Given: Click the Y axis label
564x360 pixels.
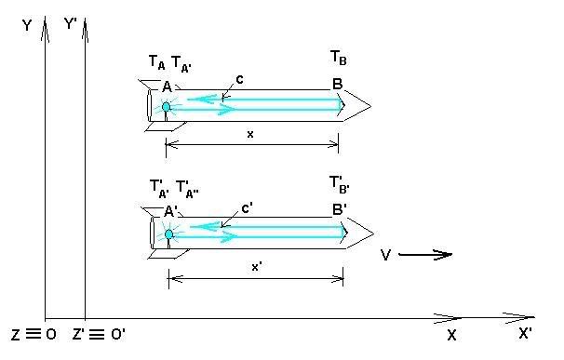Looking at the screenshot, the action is [27, 25].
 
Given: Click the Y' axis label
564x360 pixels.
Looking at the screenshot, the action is [71, 24].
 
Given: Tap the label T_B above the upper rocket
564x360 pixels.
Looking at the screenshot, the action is [339, 59].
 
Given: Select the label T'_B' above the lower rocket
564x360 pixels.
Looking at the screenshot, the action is [340, 185].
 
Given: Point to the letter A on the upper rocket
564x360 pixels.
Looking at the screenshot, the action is [167, 87].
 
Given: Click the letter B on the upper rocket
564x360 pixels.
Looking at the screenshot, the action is [337, 84].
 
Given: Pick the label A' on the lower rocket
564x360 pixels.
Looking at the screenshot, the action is [170, 211].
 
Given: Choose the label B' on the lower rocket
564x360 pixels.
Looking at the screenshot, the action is [339, 209].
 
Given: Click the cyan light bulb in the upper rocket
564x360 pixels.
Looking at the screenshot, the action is [166, 107].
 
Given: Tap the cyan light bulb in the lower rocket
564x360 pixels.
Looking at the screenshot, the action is [168, 234].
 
